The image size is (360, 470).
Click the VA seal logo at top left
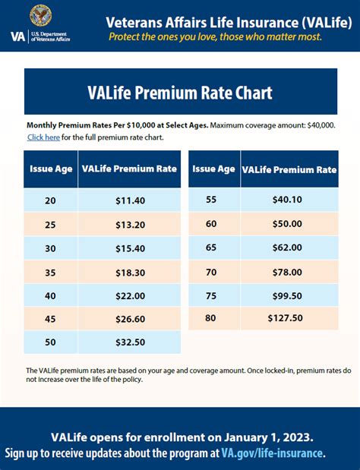(x=41, y=16)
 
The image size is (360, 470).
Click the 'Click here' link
(x=43, y=137)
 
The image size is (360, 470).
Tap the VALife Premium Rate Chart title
(x=179, y=93)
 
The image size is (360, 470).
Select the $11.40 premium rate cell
(x=130, y=200)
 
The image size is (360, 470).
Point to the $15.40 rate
(x=130, y=249)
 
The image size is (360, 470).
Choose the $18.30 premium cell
(x=130, y=272)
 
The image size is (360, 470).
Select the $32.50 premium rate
(x=130, y=342)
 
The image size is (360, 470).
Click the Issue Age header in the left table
(x=51, y=169)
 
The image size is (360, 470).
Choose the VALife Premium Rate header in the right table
(x=289, y=169)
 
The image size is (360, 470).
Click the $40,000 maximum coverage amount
(x=318, y=125)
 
